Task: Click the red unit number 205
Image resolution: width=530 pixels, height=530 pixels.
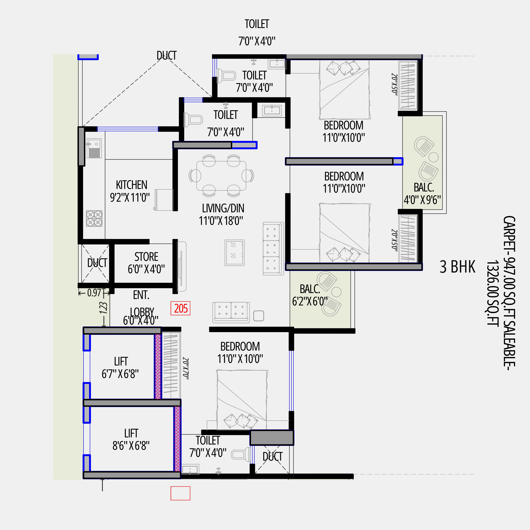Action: (x=180, y=308)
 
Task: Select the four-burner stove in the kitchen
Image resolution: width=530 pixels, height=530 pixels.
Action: (x=94, y=218)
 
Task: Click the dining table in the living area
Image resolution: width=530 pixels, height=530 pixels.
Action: (x=221, y=176)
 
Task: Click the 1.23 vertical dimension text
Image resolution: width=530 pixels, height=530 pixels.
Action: (x=104, y=308)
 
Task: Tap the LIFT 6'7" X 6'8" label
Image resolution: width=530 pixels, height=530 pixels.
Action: (x=120, y=368)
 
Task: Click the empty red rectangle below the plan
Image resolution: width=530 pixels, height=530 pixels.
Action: (x=180, y=493)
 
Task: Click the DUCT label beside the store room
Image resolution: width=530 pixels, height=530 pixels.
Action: (x=97, y=263)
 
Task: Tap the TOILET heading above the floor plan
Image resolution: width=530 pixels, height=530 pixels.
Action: (x=257, y=24)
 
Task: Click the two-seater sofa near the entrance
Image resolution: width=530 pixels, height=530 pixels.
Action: (x=231, y=312)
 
